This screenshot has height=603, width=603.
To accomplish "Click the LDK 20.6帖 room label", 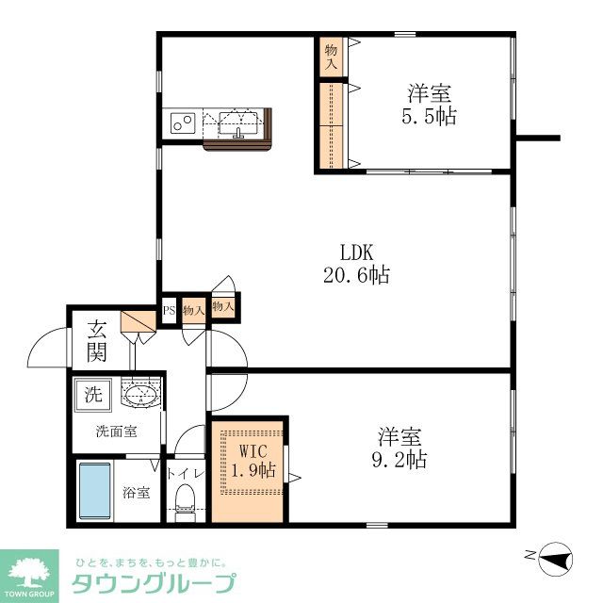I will (358, 264).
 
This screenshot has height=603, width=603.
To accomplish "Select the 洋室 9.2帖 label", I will (400, 448).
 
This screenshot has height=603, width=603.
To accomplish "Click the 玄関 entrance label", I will (97, 341).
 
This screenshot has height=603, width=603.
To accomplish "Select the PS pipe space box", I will (170, 310).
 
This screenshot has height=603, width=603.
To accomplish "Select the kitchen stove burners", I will (182, 122).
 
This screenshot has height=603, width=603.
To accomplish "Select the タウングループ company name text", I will (154, 583).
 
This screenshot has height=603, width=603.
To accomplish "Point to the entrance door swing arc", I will (47, 350).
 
